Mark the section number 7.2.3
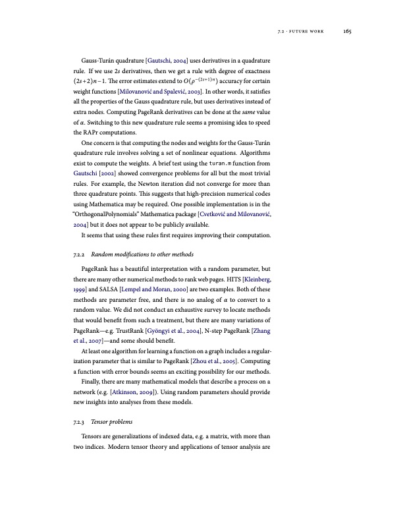80,421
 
